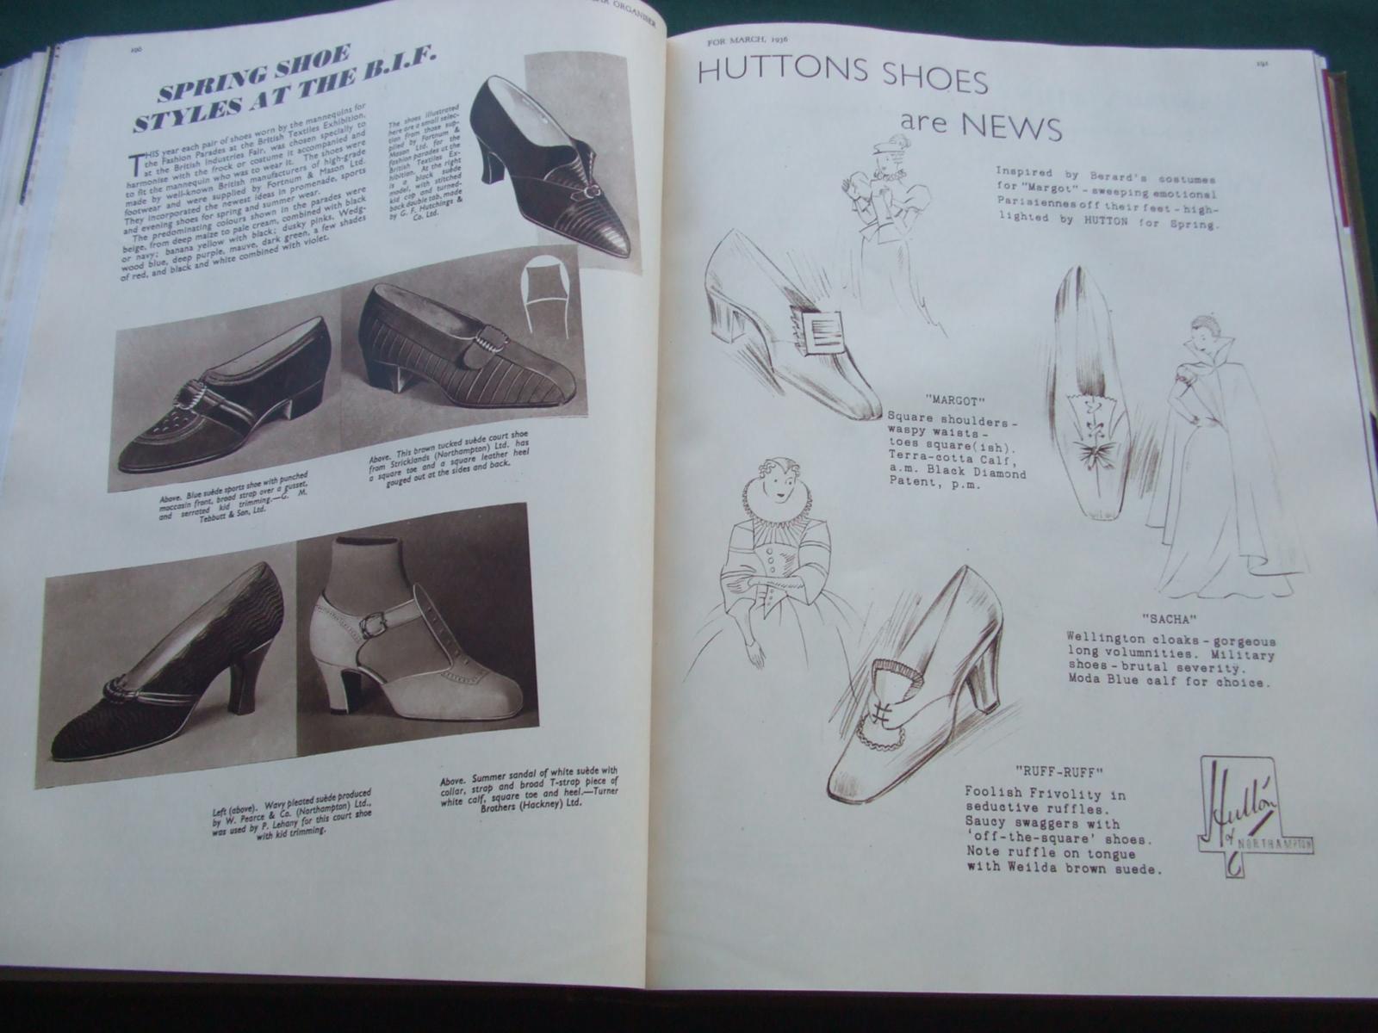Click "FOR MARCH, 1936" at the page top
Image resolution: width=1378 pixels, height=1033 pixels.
[x=746, y=41]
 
